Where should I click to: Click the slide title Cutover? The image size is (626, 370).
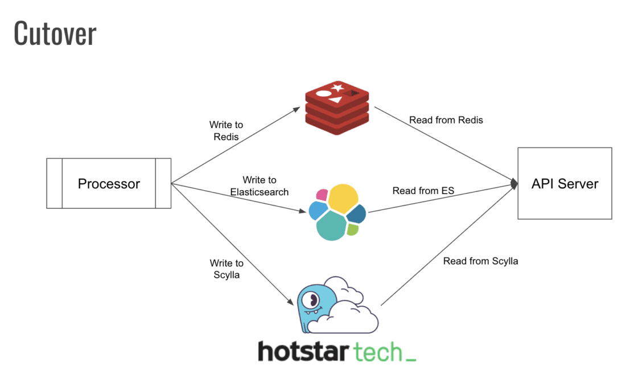coord(55,33)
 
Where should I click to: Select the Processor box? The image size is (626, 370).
coord(108,184)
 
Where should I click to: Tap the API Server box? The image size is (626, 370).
coord(565,183)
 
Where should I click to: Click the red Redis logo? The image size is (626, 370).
coord(337,109)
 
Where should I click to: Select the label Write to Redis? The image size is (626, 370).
coord(226,131)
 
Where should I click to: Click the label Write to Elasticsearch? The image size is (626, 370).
coord(259,186)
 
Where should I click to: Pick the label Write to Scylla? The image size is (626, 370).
coord(226,269)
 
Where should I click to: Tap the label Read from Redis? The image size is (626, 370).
coord(446,120)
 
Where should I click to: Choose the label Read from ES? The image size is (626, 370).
coord(423,191)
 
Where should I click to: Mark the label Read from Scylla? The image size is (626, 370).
coord(480,261)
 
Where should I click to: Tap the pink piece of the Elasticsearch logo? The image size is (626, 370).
coord(322,195)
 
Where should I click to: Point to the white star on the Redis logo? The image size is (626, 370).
coord(337,88)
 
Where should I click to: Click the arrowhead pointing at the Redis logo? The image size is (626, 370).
coord(298,108)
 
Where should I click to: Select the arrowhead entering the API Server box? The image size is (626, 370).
coord(514,184)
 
